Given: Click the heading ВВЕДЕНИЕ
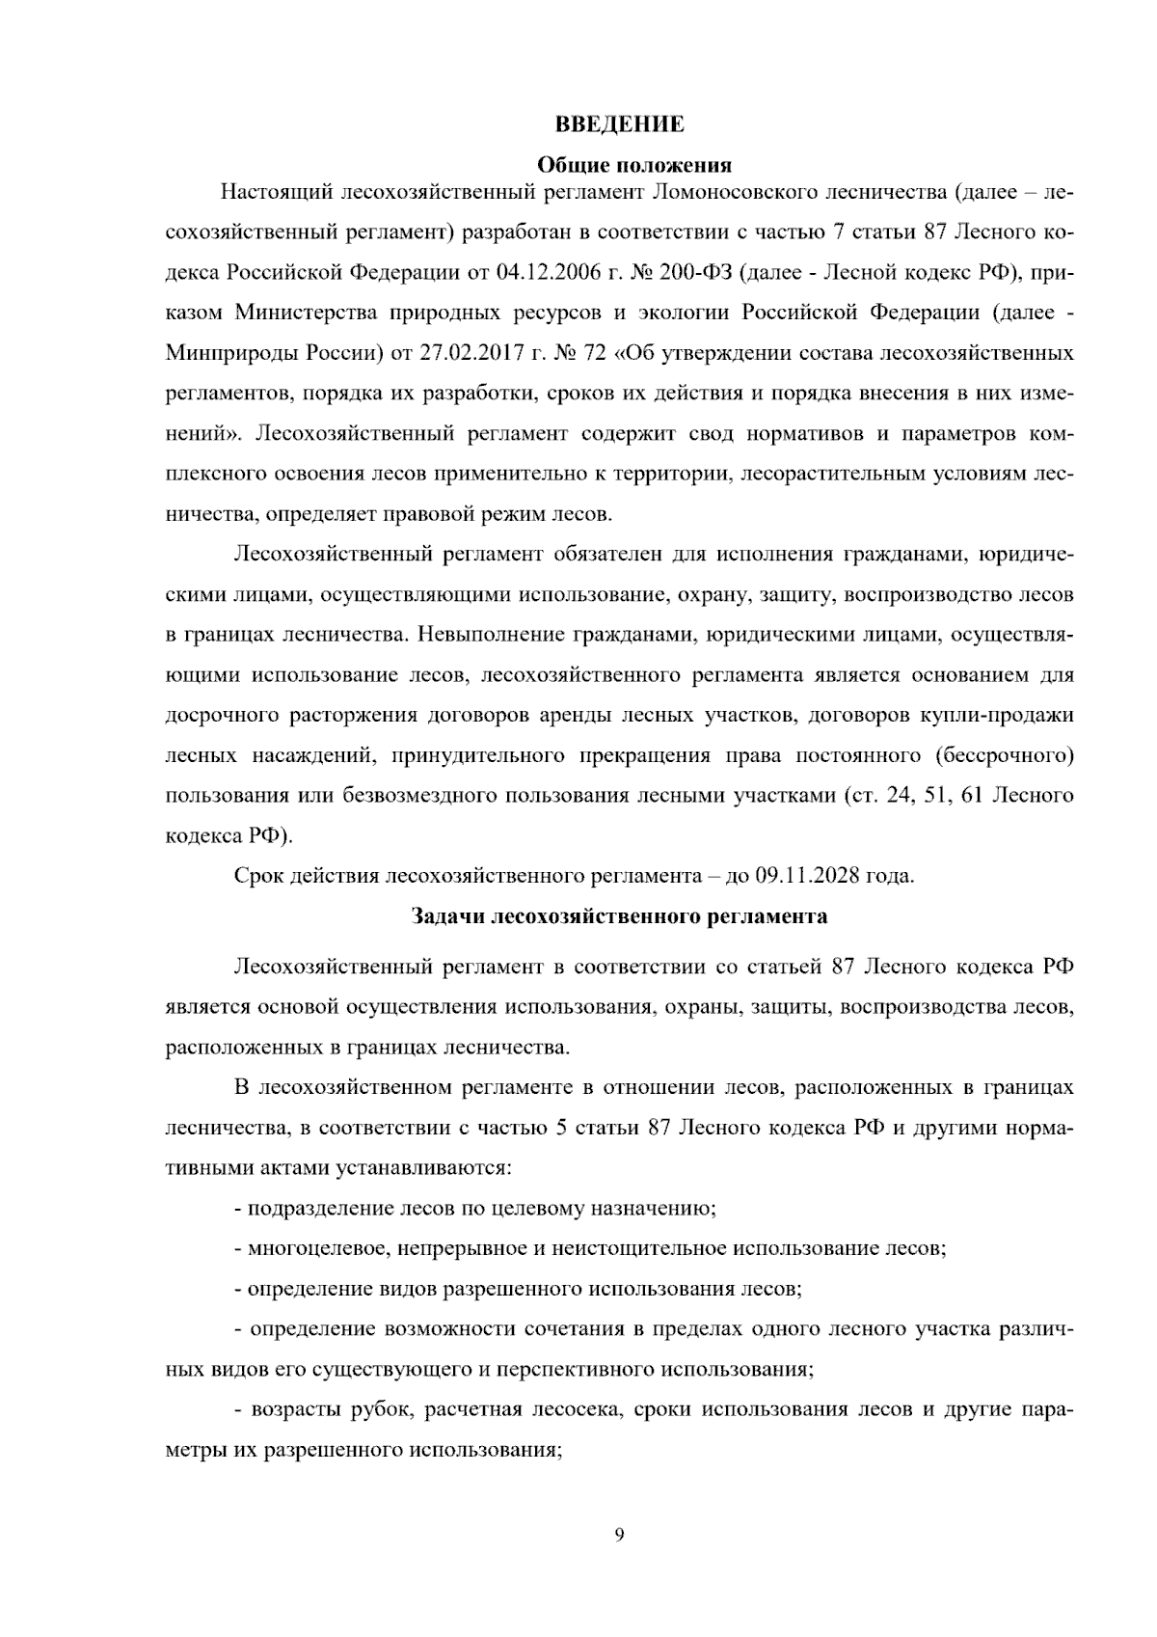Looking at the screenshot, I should pyautogui.click(x=620, y=124).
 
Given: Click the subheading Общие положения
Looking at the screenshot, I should pyautogui.click(x=620, y=165).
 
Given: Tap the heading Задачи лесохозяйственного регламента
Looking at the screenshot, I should pyautogui.click(x=619, y=916).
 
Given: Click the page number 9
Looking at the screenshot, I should pyautogui.click(x=619, y=1535).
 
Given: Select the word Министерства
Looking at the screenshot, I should pyautogui.click(x=306, y=313).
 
